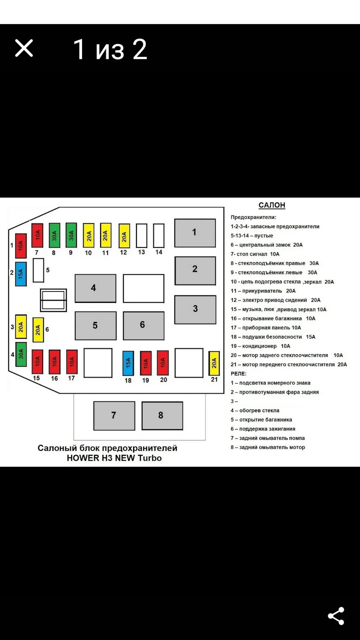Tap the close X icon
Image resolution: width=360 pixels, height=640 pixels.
(x=24, y=48)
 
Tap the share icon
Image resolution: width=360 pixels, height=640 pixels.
(x=336, y=616)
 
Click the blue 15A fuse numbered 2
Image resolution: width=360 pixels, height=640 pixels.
(x=21, y=274)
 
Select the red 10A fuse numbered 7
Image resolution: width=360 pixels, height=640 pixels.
(x=37, y=235)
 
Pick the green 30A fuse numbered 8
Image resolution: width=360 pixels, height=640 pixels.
(x=54, y=235)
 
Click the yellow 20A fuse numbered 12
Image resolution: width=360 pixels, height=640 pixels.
(x=124, y=236)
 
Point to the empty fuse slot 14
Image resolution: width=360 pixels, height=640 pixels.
(x=159, y=235)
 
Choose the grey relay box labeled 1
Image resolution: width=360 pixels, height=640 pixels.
(x=195, y=233)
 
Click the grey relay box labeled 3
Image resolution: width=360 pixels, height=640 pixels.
(x=195, y=309)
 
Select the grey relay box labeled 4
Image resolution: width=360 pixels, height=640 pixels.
(x=95, y=288)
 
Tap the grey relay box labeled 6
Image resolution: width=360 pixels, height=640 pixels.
(x=143, y=325)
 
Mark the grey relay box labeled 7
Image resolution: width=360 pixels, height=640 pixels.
(x=114, y=415)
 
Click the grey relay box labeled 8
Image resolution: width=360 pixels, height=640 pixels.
(x=162, y=415)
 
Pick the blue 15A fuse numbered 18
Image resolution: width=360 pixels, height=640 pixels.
(x=128, y=363)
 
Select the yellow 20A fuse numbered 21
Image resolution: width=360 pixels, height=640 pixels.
(x=214, y=363)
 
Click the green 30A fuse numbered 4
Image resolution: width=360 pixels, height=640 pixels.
(x=21, y=354)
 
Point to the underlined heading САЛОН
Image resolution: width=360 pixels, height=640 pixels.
(x=272, y=205)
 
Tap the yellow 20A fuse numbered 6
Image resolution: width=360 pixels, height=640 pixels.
(x=38, y=330)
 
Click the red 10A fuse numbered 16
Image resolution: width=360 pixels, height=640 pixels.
(x=54, y=361)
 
